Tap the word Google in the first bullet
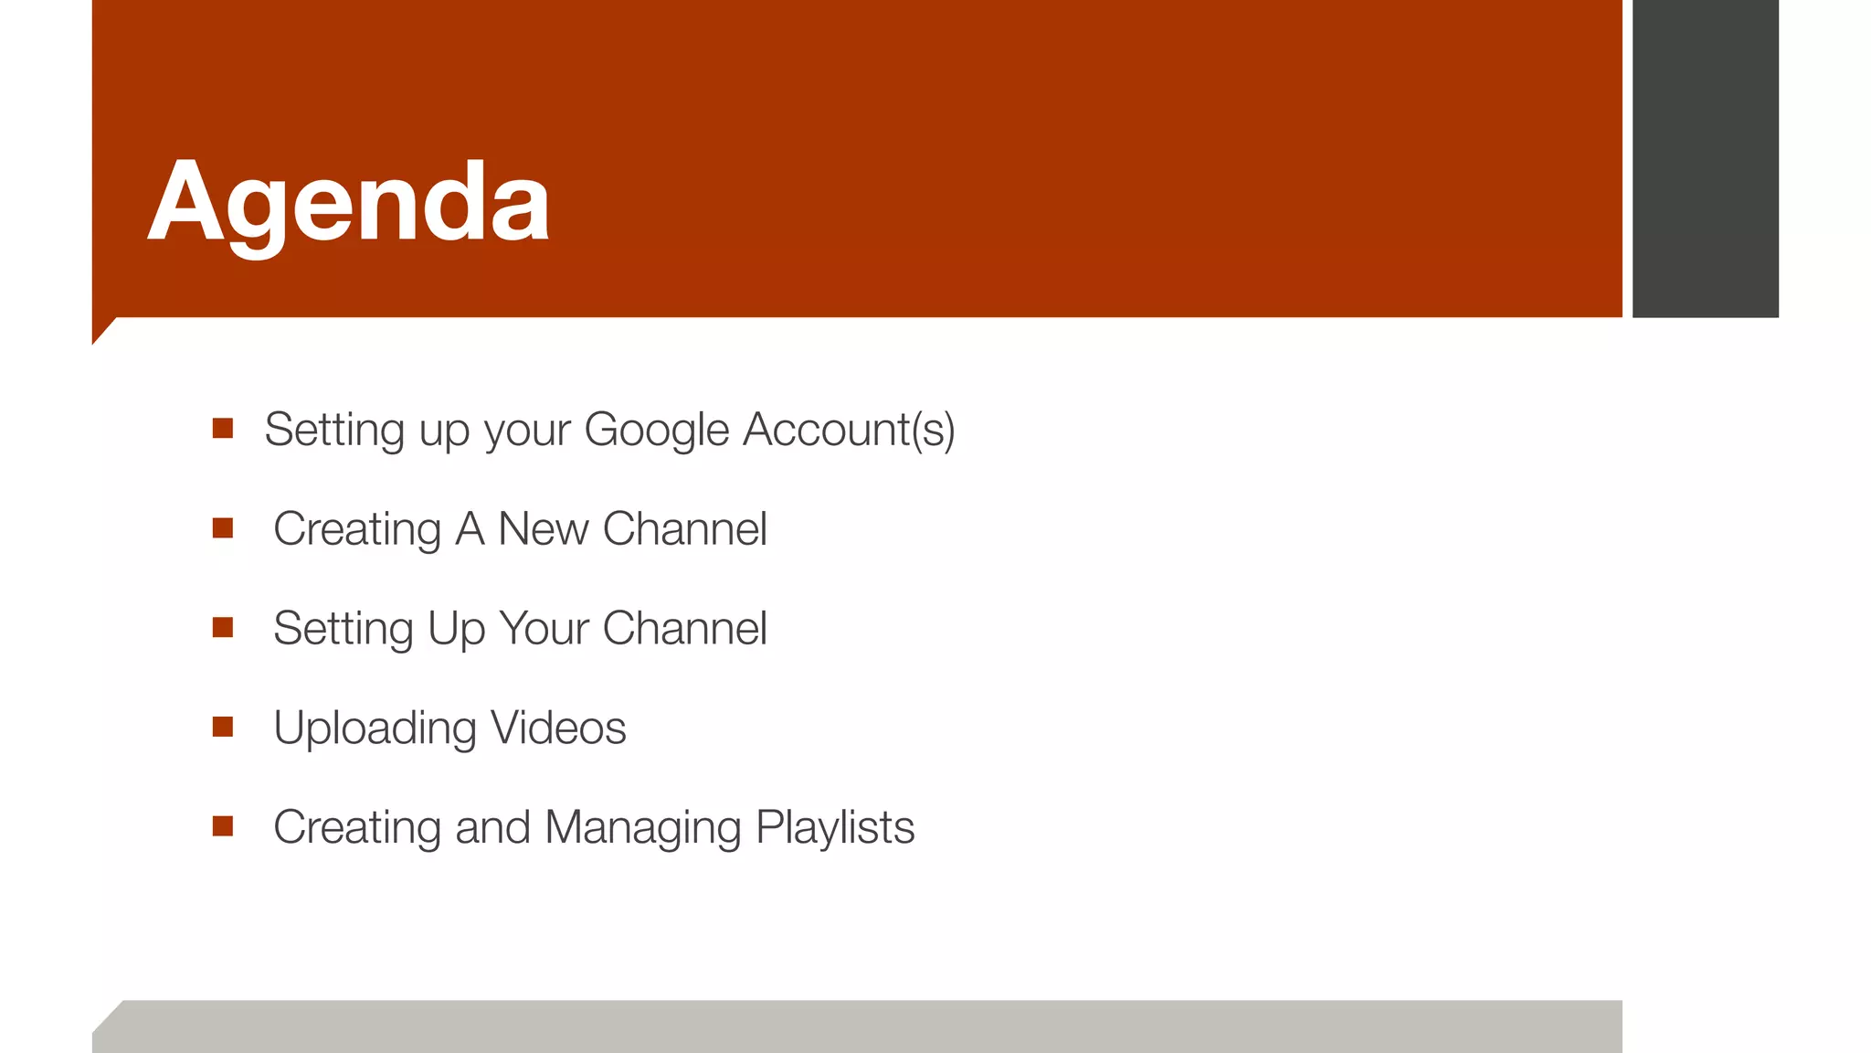[x=656, y=430]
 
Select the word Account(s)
[x=849, y=430]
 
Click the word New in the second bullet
[x=543, y=529]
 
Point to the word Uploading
[x=375, y=729]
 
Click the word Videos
[x=558, y=729]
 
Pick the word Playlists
[x=835, y=828]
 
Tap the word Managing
[x=642, y=828]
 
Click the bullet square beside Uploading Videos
[x=223, y=727]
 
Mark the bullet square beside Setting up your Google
[x=223, y=428]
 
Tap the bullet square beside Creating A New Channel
[x=223, y=527]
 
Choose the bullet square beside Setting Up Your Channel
[x=223, y=627]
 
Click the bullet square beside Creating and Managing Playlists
[x=223, y=826]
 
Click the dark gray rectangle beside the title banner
[x=1705, y=158]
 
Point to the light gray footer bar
[x=859, y=1026]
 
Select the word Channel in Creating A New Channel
[x=685, y=529]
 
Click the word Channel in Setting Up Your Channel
[x=685, y=629]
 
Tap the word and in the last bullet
[x=492, y=828]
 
